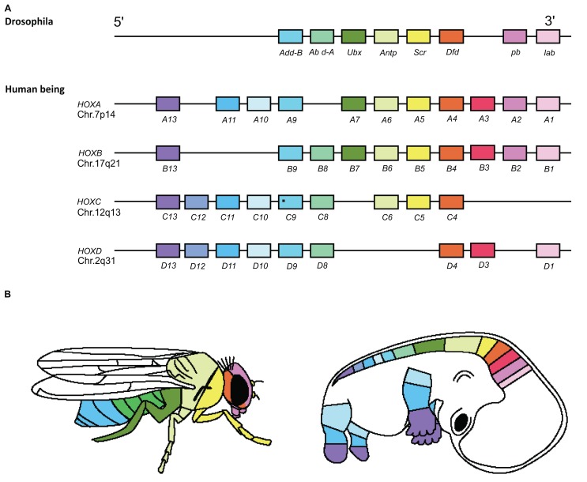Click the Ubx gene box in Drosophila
[354, 36]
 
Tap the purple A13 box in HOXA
[167, 104]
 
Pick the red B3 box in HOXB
[483, 153]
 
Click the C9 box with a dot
[290, 203]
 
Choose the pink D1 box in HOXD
[547, 251]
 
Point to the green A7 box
[354, 104]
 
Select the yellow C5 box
[419, 203]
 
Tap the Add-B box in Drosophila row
[290, 36]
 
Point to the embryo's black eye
[437, 424]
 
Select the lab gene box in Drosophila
[547, 36]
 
